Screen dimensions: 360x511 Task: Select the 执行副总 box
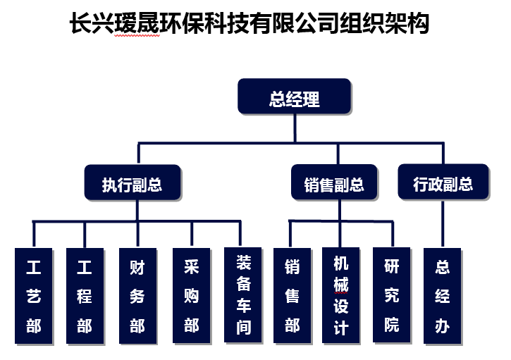click(133, 185)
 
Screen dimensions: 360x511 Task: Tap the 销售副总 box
click(334, 185)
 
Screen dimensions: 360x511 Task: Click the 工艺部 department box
click(34, 297)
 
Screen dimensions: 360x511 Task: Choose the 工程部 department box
click(85, 297)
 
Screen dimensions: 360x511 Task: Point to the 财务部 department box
click(137, 297)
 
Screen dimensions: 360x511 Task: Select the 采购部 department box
click(191, 297)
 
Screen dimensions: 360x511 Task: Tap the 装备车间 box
click(243, 296)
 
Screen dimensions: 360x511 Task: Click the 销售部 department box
click(292, 297)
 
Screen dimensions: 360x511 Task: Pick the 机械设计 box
click(341, 296)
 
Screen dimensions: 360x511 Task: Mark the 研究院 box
click(392, 296)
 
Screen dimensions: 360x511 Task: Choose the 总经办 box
click(443, 297)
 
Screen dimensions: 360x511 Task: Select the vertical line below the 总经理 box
click(294, 130)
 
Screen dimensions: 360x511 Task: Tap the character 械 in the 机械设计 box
click(341, 285)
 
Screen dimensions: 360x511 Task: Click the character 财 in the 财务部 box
click(137, 267)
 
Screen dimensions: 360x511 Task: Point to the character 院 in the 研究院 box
click(392, 325)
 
